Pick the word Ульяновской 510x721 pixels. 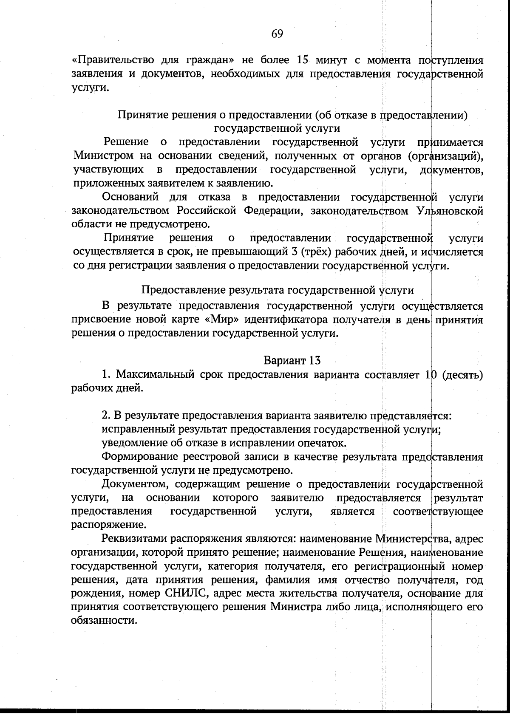(x=450, y=211)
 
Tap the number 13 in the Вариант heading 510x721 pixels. (x=315, y=360)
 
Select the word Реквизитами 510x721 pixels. (x=134, y=539)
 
